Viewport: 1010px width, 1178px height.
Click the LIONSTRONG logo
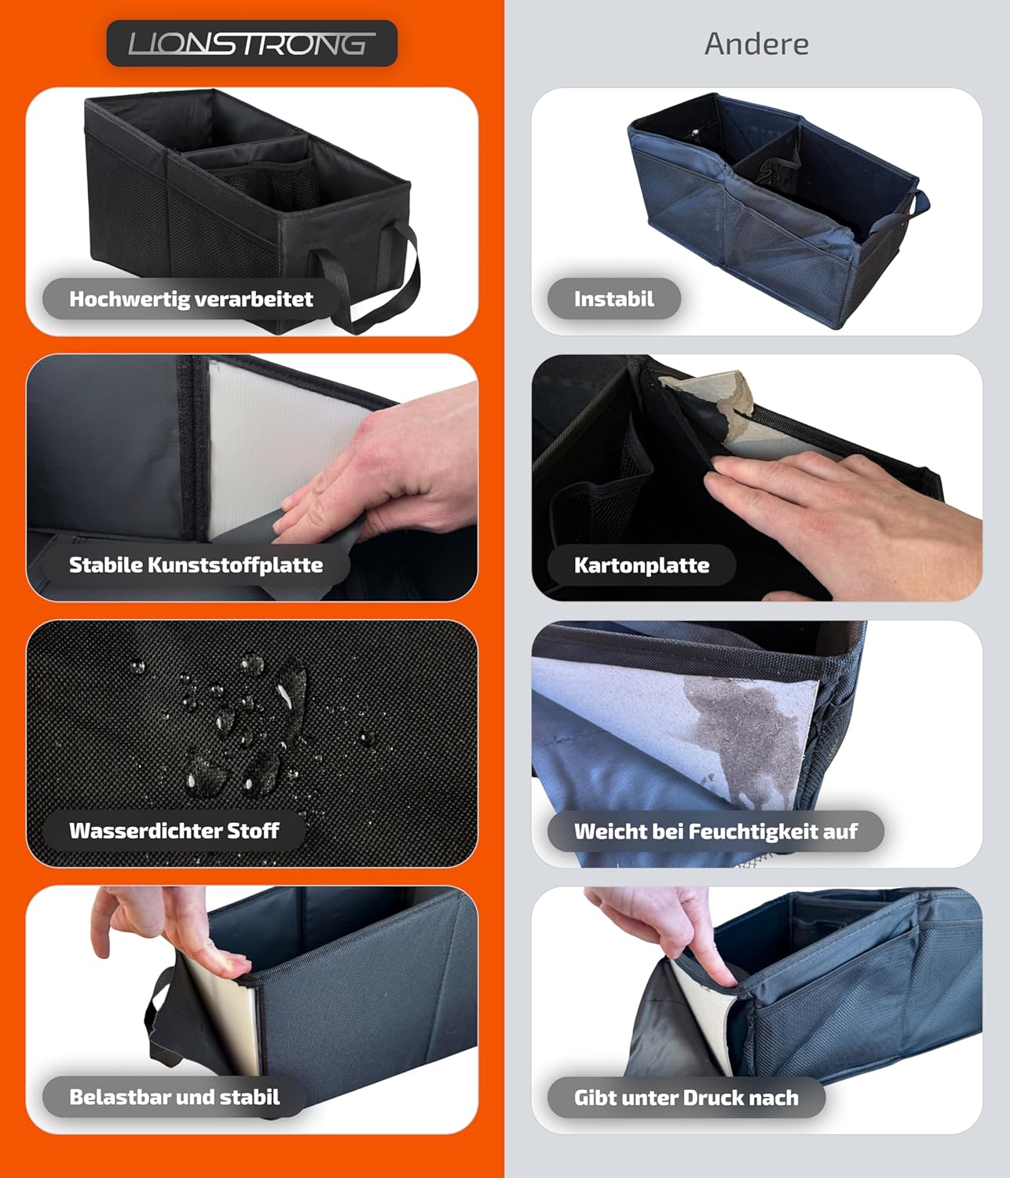[x=252, y=43]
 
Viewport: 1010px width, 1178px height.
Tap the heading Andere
[x=756, y=44]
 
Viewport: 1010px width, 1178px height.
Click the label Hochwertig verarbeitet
[x=191, y=298]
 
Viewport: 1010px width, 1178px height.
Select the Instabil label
[x=614, y=298]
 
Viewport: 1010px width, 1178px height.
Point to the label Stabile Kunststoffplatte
[x=196, y=565]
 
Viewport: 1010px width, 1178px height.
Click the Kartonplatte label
[x=641, y=565]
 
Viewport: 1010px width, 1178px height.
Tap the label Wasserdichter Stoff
[x=174, y=830]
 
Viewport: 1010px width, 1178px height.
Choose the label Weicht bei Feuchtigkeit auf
[x=715, y=831]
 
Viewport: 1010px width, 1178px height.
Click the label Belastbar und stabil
[x=174, y=1096]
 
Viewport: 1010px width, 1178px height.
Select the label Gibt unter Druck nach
[x=686, y=1097]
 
